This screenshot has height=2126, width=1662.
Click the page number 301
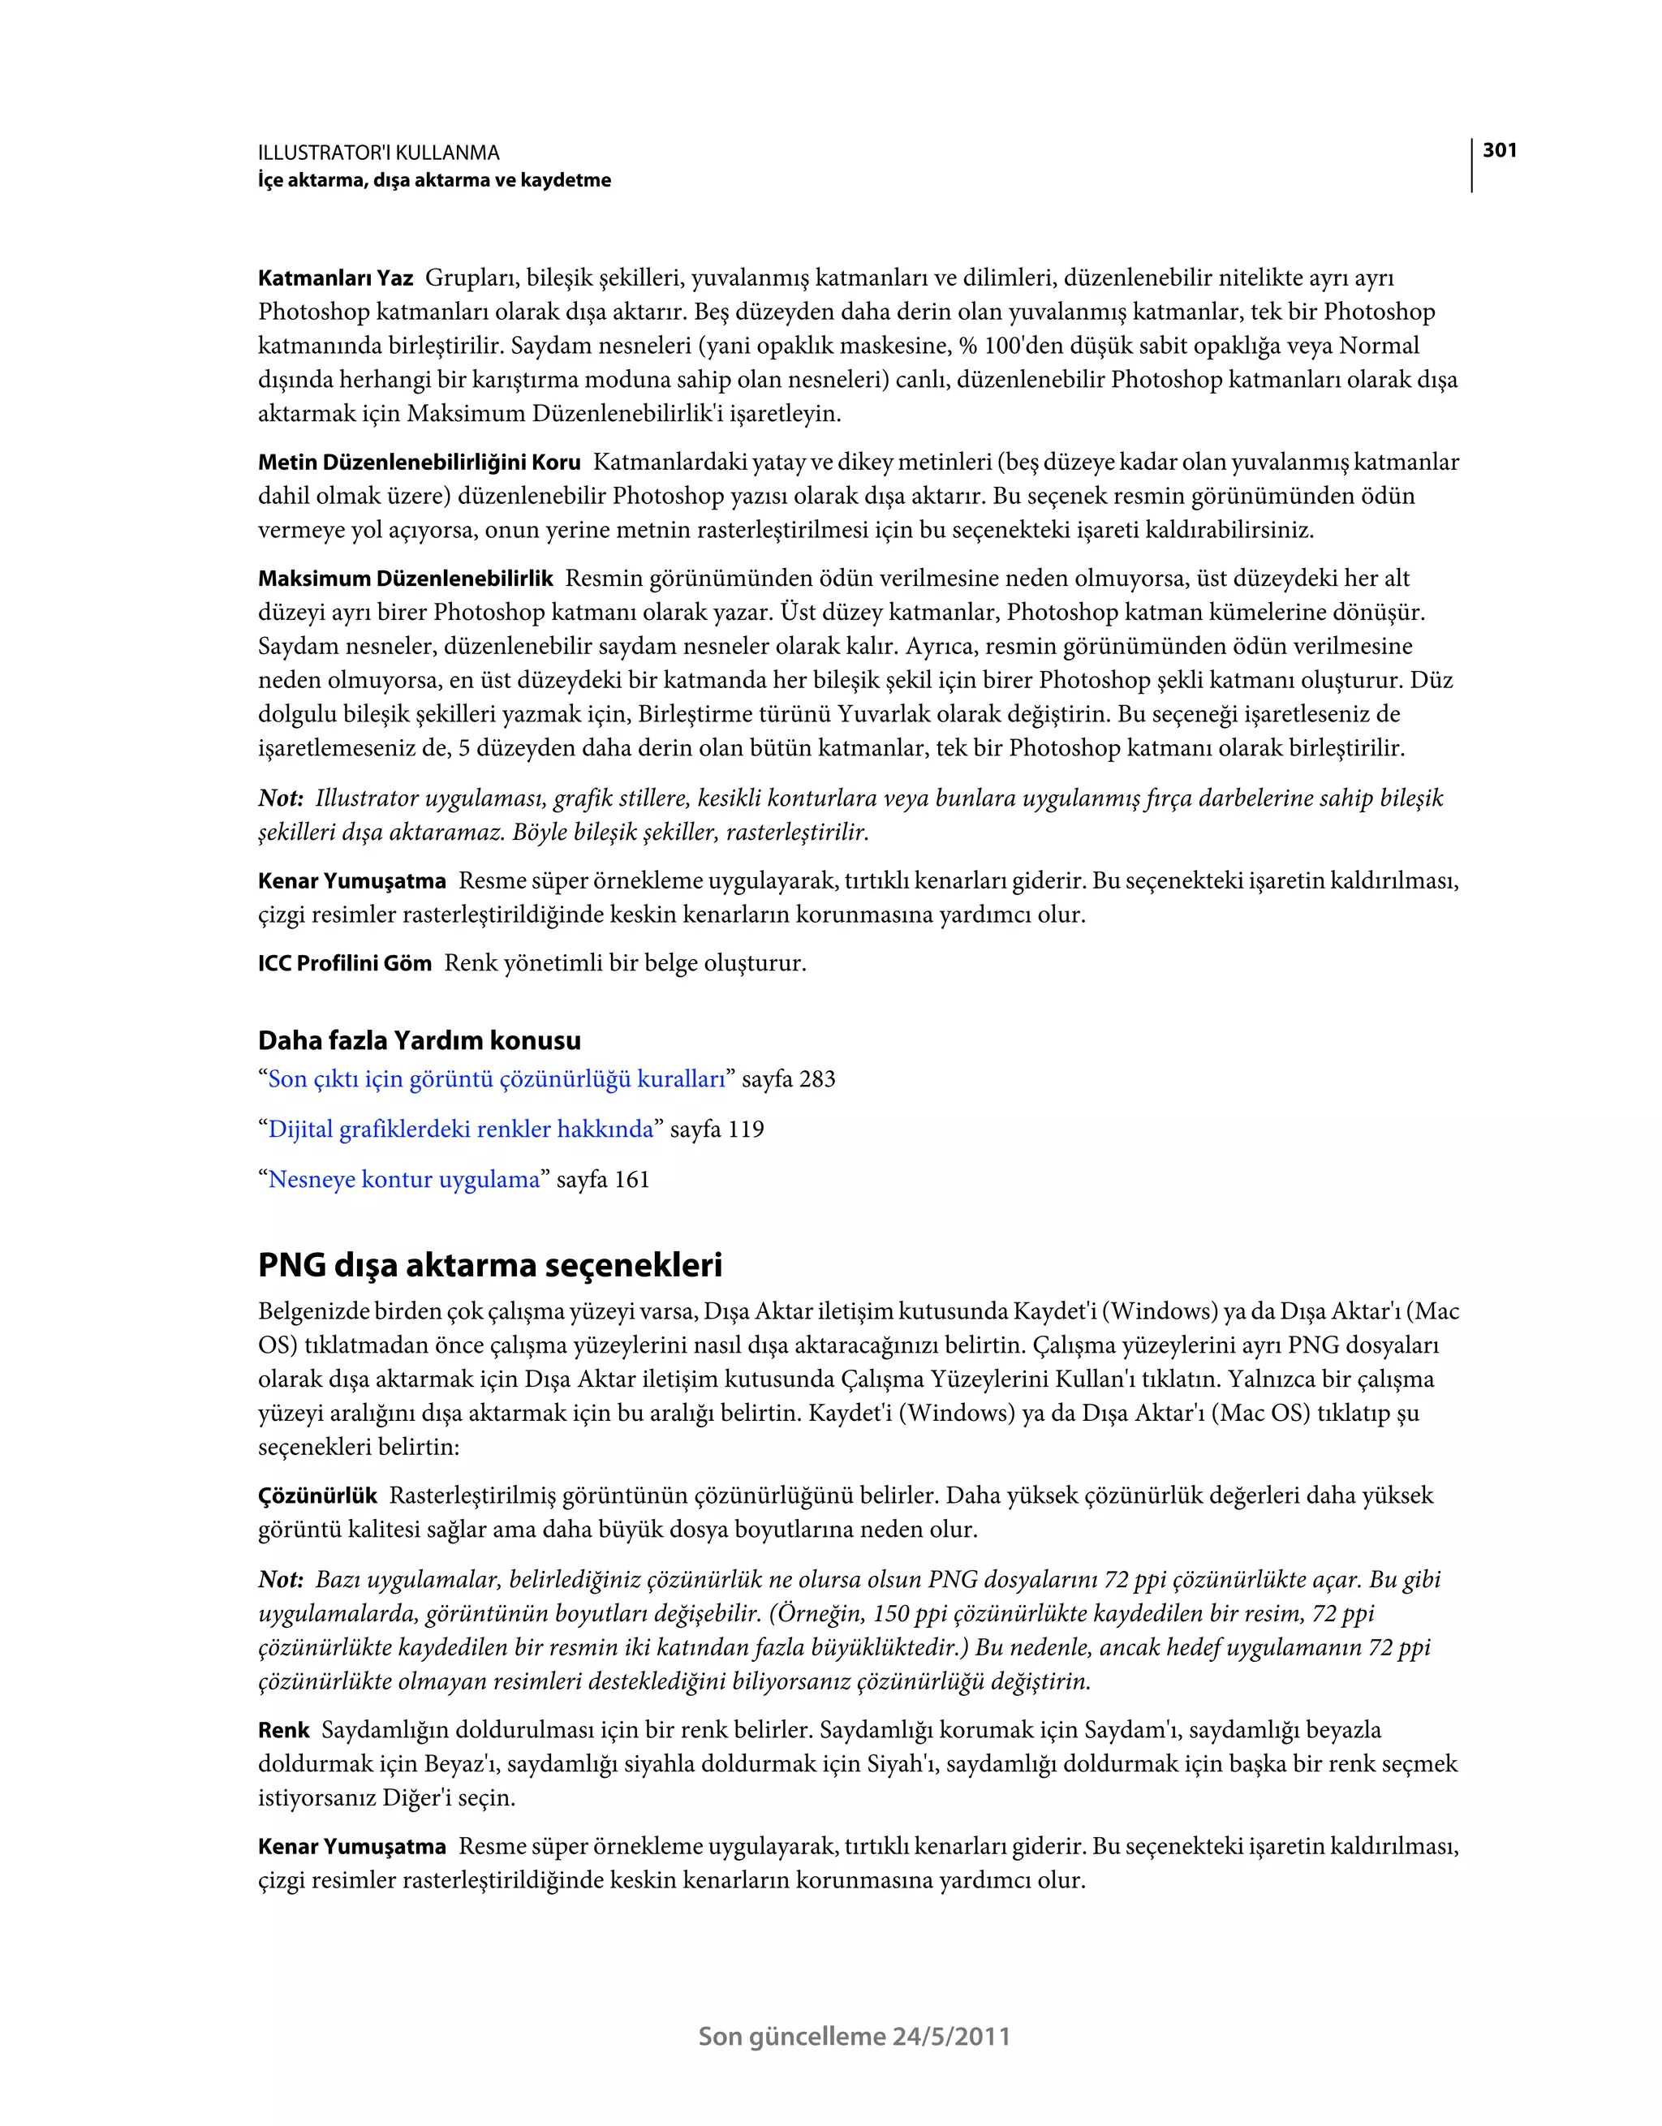pyautogui.click(x=1500, y=150)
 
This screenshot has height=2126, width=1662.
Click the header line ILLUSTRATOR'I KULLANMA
pyautogui.click(x=379, y=153)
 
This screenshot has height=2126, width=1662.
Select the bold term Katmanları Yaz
pyautogui.click(x=335, y=278)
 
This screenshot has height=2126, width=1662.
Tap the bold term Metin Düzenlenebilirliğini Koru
pyautogui.click(x=419, y=463)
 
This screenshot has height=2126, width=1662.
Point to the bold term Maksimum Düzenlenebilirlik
pyautogui.click(x=405, y=579)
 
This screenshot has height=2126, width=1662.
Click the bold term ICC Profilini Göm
pyautogui.click(x=345, y=964)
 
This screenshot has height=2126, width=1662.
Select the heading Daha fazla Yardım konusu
pyautogui.click(x=419, y=1040)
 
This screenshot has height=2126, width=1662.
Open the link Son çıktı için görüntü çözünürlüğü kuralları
pyautogui.click(x=497, y=1079)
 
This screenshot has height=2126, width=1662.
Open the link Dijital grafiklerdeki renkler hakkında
pyautogui.click(x=460, y=1130)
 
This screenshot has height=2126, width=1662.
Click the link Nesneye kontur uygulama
pyautogui.click(x=403, y=1180)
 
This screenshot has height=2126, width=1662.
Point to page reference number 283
pyautogui.click(x=817, y=1079)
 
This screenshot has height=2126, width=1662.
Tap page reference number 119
pyautogui.click(x=746, y=1130)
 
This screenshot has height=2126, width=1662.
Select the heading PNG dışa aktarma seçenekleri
pyautogui.click(x=489, y=1266)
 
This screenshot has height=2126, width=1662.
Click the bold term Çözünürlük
pyautogui.click(x=317, y=1496)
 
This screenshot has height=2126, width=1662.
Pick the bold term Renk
pyautogui.click(x=283, y=1731)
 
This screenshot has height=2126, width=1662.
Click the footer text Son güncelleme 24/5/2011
pyautogui.click(x=854, y=2037)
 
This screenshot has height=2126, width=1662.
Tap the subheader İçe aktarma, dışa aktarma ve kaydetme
pyautogui.click(x=434, y=180)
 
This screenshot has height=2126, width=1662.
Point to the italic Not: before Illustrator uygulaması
pyautogui.click(x=281, y=799)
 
